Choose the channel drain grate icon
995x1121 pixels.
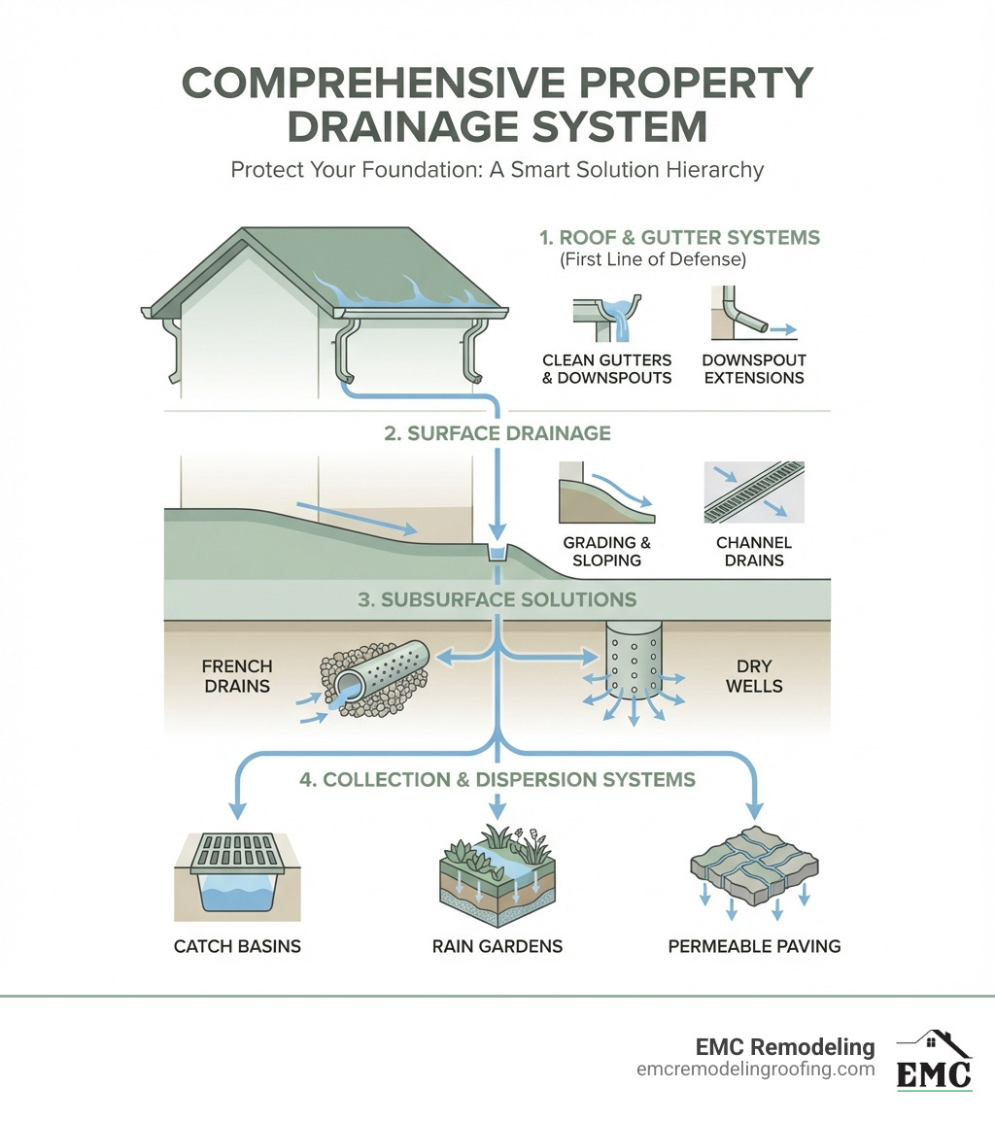point(753,492)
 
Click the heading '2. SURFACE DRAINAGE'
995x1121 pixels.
point(497,433)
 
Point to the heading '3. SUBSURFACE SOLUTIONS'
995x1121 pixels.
point(497,599)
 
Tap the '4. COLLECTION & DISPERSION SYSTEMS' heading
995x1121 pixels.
point(497,779)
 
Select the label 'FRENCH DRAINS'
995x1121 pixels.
point(237,676)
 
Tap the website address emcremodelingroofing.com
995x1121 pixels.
point(756,1070)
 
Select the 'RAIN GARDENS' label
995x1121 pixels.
point(497,946)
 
